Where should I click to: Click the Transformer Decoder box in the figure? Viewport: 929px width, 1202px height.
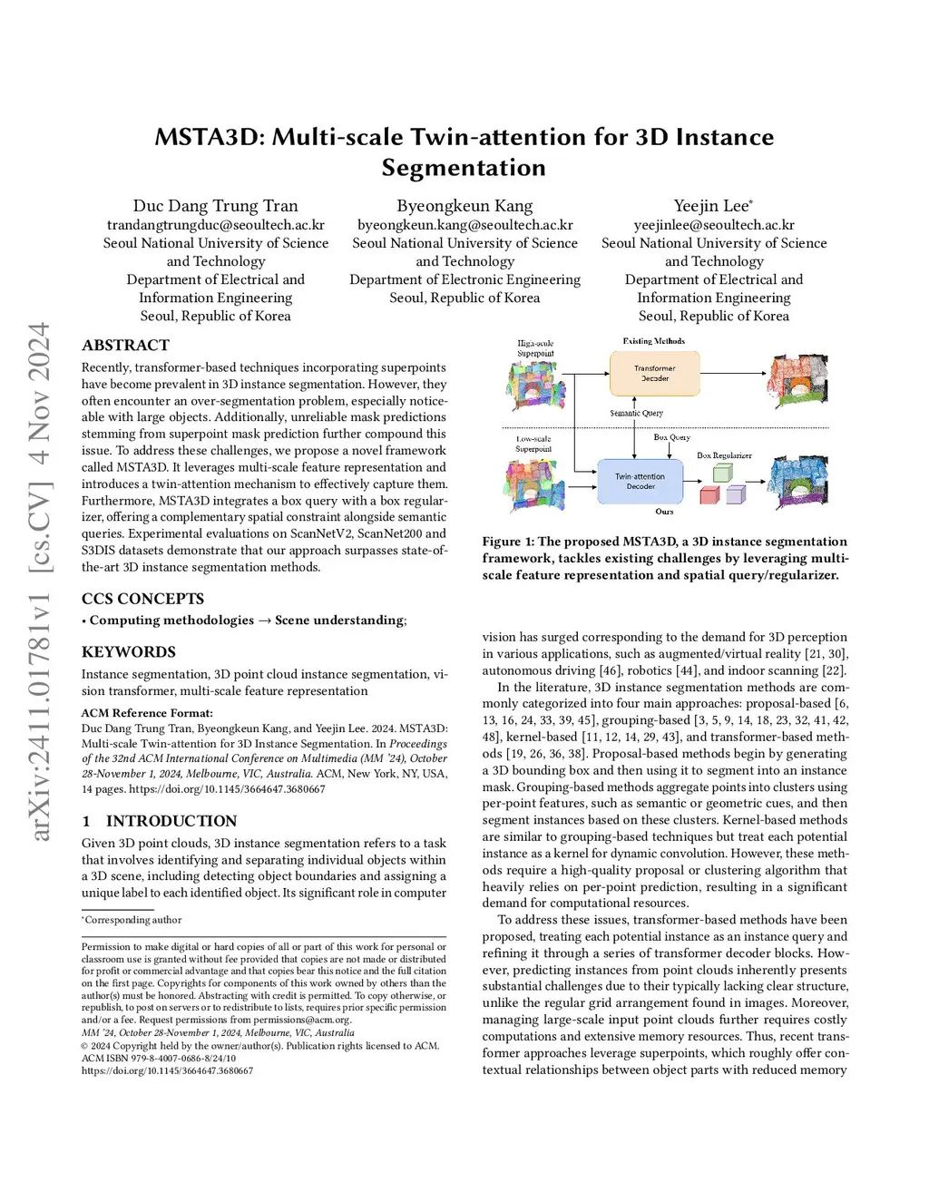pyautogui.click(x=654, y=374)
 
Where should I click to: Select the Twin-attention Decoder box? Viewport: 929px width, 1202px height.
pyautogui.click(x=640, y=482)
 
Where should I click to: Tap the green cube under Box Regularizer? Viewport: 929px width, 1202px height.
pyautogui.click(x=722, y=473)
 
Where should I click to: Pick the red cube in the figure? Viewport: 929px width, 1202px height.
pyautogui.click(x=709, y=494)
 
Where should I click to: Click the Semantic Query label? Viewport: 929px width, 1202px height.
pyautogui.click(x=636, y=413)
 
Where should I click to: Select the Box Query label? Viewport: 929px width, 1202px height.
pyautogui.click(x=671, y=437)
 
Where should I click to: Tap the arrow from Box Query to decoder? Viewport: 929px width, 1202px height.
pyautogui.click(x=670, y=450)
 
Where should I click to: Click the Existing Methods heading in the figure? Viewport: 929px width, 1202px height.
pyautogui.click(x=653, y=341)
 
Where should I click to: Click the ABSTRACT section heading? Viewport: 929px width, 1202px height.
pyautogui.click(x=125, y=345)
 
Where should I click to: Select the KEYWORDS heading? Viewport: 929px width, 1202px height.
pyautogui.click(x=128, y=651)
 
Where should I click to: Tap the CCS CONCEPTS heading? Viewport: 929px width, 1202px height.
pyautogui.click(x=142, y=599)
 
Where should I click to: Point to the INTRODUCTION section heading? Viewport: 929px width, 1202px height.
pyautogui.click(x=171, y=821)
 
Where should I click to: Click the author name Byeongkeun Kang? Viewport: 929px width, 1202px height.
pyautogui.click(x=464, y=206)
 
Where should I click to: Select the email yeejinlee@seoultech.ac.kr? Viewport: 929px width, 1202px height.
pyautogui.click(x=714, y=225)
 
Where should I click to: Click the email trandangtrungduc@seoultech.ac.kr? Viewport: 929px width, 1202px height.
pyautogui.click(x=215, y=225)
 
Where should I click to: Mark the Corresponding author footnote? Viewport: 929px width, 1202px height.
pyautogui.click(x=132, y=920)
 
